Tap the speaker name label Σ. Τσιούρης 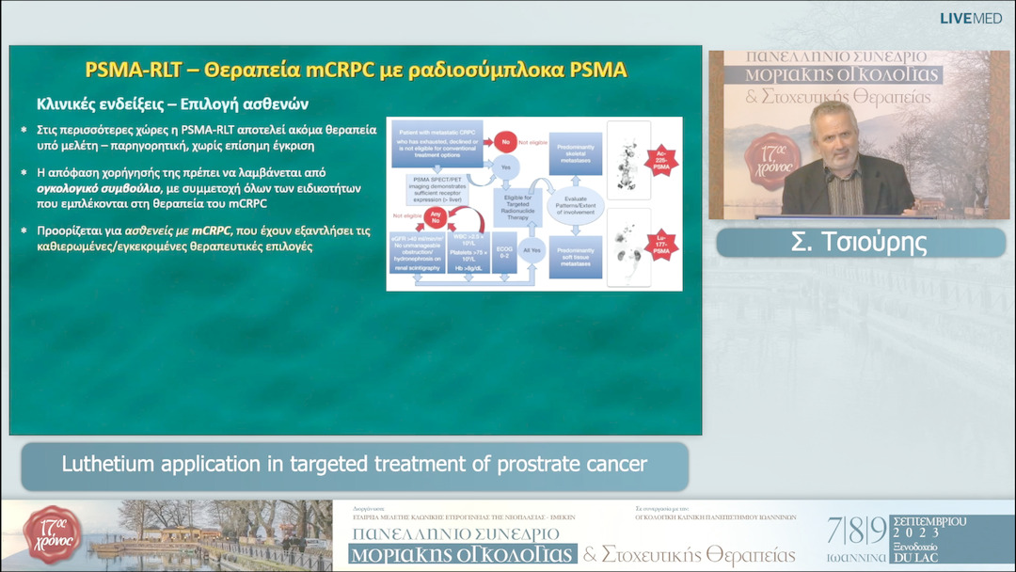point(861,243)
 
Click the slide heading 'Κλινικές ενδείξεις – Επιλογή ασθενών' point(172,103)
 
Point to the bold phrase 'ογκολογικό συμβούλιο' point(93,189)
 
